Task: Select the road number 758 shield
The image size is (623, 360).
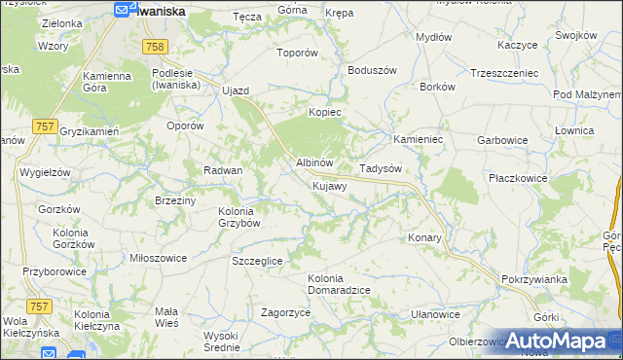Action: click(154, 47)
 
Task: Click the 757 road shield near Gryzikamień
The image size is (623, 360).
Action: click(43, 126)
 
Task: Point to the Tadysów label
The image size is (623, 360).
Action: click(381, 168)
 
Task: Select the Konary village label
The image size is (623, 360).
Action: click(425, 237)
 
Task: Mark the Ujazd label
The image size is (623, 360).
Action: click(236, 90)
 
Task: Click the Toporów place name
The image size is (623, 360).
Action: click(298, 54)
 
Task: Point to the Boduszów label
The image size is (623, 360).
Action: click(370, 70)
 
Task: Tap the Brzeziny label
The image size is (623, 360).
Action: click(176, 200)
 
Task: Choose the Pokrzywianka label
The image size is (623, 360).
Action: click(534, 279)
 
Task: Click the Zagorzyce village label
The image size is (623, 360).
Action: click(285, 312)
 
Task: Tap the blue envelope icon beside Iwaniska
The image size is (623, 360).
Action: click(122, 10)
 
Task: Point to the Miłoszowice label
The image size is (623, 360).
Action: click(158, 258)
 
